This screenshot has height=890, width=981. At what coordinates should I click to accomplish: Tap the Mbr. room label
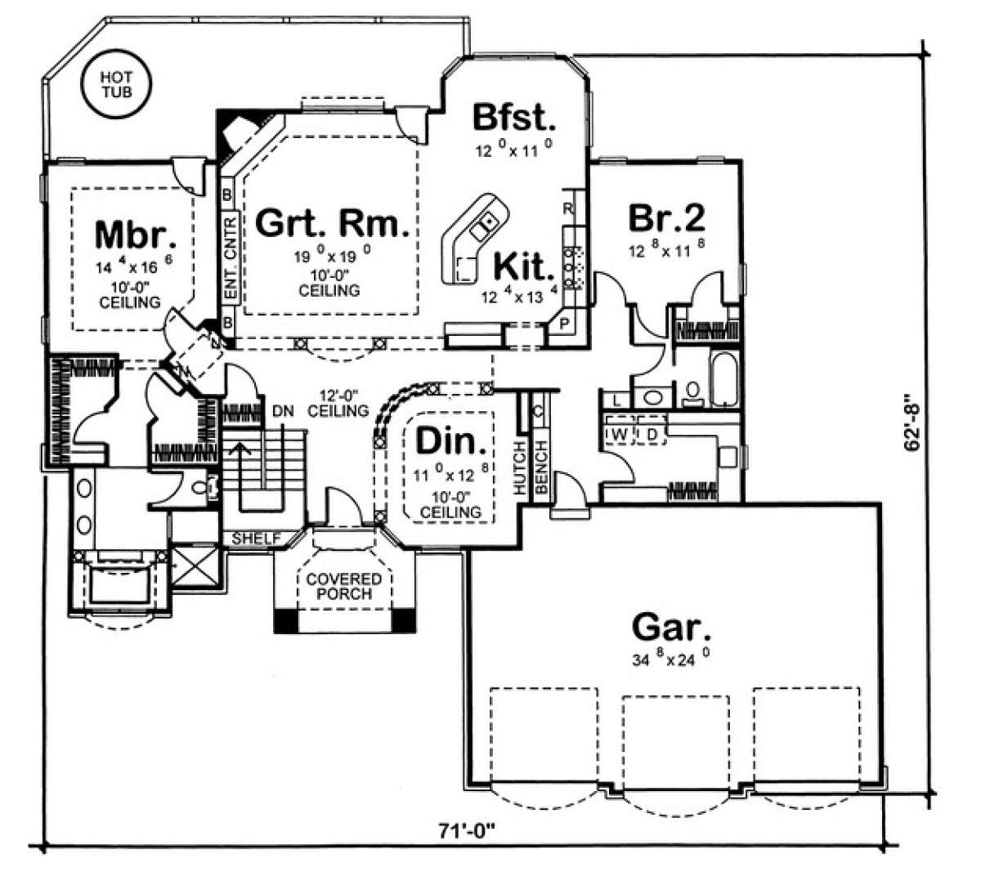tap(136, 235)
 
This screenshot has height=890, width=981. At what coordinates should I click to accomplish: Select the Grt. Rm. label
tap(332, 223)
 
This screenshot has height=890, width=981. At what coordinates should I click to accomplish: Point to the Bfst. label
tap(514, 118)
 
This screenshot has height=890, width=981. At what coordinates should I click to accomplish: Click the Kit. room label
tap(524, 267)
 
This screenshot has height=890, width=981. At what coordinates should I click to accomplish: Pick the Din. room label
tap(451, 441)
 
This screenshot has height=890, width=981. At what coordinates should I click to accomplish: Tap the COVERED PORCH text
tap(344, 586)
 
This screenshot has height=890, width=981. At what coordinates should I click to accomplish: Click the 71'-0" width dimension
tap(466, 831)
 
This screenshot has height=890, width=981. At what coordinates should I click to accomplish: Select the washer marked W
tap(619, 434)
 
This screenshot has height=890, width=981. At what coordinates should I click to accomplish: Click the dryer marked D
tap(652, 434)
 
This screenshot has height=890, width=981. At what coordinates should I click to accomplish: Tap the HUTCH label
tap(519, 467)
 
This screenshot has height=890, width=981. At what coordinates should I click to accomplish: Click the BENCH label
tap(541, 467)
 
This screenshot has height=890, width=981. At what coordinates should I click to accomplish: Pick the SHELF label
tap(256, 539)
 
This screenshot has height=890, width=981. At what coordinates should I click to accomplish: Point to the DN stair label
tap(283, 411)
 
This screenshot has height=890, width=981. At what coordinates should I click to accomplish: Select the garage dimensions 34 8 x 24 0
tap(670, 659)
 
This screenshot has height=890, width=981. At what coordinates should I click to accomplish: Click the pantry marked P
tap(564, 324)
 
